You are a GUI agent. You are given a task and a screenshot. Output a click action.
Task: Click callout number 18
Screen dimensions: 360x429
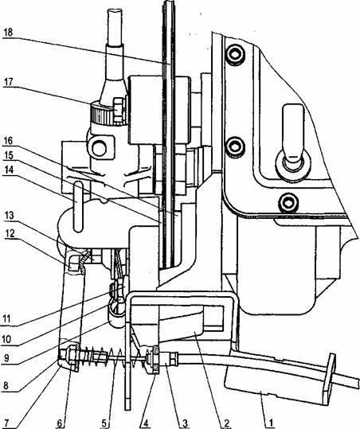click(x=9, y=33)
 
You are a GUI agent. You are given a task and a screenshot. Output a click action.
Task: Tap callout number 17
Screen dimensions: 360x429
click(x=9, y=82)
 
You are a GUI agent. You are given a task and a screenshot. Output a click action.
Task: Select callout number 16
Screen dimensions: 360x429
click(x=9, y=141)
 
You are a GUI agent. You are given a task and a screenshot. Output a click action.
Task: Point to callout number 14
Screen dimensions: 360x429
click(x=9, y=170)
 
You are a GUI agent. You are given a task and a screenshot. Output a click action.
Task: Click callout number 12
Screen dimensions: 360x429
click(x=9, y=233)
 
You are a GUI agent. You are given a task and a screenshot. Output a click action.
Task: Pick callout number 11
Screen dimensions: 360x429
click(x=6, y=319)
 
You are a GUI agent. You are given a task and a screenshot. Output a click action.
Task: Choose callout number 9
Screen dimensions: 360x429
click(x=6, y=358)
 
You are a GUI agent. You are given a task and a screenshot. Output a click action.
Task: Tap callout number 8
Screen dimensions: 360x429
click(x=6, y=385)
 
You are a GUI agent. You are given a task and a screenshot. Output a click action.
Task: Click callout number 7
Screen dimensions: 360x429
click(x=6, y=423)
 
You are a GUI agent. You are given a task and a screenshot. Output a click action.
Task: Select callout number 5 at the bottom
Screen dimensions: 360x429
click(x=104, y=423)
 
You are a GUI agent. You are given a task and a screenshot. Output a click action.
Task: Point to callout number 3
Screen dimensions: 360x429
click(x=186, y=423)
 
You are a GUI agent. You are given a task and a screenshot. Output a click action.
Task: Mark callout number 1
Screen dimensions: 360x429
click(x=270, y=423)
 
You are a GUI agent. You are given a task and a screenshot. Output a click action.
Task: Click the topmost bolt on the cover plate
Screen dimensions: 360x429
click(x=234, y=54)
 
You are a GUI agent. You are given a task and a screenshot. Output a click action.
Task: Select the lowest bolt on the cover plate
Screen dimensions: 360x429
click(x=288, y=203)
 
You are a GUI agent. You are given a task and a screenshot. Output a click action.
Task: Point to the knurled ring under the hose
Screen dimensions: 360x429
click(x=102, y=113)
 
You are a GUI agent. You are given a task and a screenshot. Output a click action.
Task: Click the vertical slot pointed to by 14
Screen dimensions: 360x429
click(x=78, y=207)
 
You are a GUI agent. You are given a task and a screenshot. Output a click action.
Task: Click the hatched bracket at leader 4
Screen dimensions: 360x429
click(x=155, y=359)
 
